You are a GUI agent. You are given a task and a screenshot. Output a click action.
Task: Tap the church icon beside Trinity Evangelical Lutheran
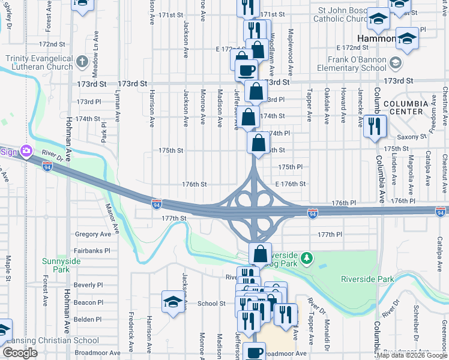tap(83, 61)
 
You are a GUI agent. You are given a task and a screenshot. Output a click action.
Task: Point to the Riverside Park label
tap(367, 279)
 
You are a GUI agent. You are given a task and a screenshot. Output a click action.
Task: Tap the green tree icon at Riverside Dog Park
tap(307, 258)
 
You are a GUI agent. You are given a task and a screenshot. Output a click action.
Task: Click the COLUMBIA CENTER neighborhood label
tap(405, 107)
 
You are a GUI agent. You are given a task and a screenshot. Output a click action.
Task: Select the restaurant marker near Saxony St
tap(375, 127)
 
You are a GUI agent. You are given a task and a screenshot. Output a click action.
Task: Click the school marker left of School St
tap(172, 302)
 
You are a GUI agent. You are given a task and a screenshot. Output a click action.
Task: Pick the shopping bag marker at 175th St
tap(258, 144)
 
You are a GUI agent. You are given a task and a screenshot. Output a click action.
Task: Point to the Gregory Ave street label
tap(93, 234)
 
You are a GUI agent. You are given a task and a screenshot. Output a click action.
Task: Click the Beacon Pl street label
tap(88, 303)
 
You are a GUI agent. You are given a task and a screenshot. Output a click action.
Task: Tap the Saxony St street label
tap(414, 137)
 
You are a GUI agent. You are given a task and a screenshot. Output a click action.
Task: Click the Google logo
tap(20, 353)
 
